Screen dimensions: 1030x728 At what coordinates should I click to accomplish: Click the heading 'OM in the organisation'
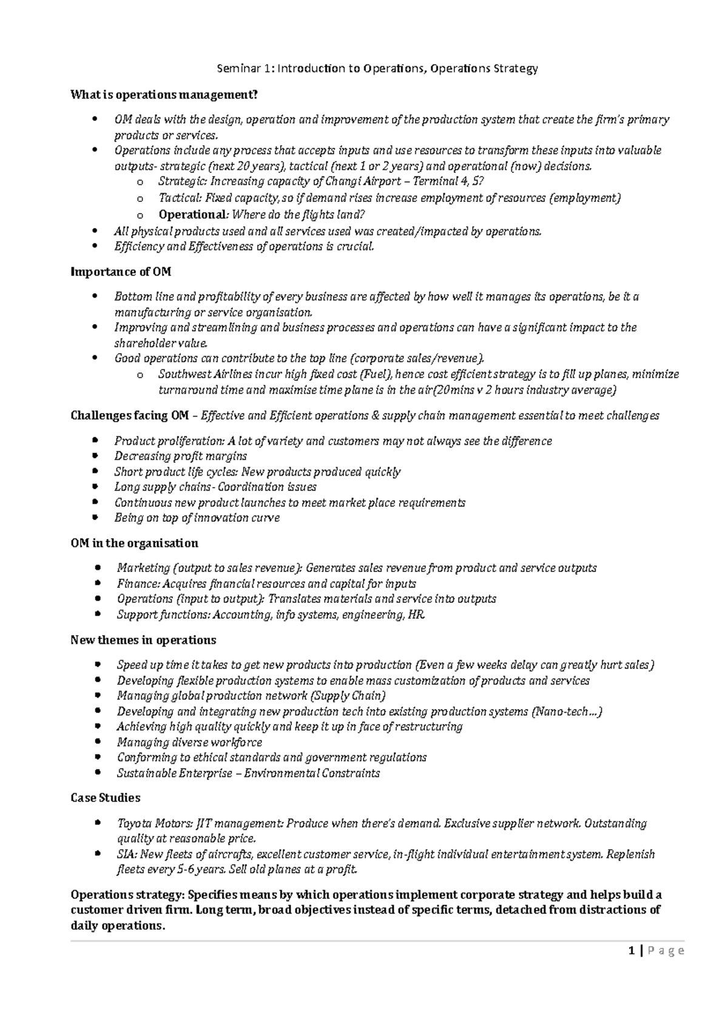[134, 542]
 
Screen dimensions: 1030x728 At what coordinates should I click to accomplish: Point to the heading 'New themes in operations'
[143, 640]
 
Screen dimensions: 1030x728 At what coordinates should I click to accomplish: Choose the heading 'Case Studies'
[106, 798]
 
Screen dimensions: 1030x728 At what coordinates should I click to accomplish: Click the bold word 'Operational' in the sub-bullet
[191, 214]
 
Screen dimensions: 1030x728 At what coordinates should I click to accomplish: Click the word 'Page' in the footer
[666, 951]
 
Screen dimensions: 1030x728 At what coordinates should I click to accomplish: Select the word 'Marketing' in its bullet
[143, 568]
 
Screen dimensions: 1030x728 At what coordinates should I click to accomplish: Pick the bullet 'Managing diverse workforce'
[189, 742]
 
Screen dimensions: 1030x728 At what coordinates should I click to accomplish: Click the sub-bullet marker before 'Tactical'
[140, 198]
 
